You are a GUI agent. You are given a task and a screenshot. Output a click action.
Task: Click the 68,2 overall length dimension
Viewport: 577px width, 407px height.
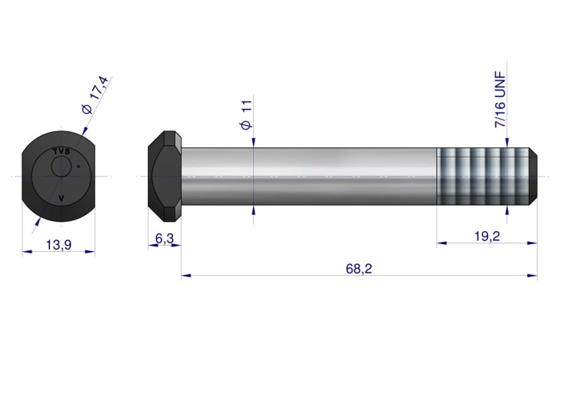coord(359,269)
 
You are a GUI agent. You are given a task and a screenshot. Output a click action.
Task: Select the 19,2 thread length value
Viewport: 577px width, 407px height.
coord(486,237)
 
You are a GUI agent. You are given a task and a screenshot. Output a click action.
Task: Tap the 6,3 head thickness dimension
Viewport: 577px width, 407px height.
coord(164,239)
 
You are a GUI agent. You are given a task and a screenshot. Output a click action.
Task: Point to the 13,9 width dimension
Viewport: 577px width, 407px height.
coord(58,244)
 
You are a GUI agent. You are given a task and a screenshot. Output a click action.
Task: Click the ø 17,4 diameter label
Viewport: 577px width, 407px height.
coord(95,95)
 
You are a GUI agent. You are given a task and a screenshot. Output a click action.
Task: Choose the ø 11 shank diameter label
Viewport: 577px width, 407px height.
coord(246,114)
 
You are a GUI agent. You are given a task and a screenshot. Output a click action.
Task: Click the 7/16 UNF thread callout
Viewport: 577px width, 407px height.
coord(500,100)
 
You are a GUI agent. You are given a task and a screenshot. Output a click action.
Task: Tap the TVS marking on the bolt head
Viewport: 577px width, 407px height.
coord(62,151)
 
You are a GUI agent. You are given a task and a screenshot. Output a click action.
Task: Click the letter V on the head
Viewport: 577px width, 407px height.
coord(62,198)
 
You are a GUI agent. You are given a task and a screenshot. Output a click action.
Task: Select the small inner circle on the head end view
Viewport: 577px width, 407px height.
coord(61,167)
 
